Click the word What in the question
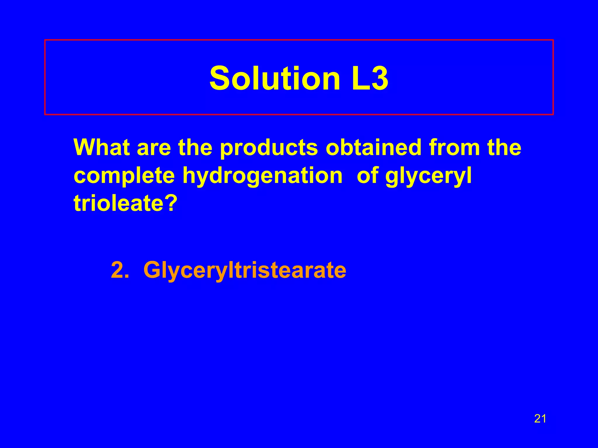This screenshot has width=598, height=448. point(101,147)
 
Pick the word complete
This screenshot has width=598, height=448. point(124,176)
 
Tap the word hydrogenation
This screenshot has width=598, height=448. point(262,176)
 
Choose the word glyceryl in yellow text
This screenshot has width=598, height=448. point(428,176)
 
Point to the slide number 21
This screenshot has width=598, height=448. point(540,419)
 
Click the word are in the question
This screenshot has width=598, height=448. point(154,148)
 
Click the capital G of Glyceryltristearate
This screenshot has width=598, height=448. point(152,270)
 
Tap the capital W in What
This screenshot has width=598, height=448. point(85,147)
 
